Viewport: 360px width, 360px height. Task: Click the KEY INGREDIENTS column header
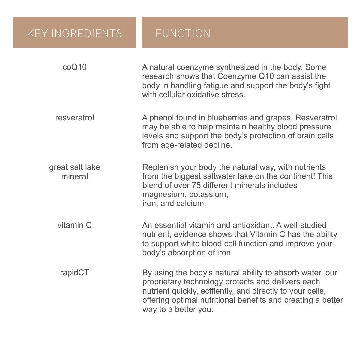pos(74,33)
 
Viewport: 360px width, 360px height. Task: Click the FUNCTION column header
pos(183,33)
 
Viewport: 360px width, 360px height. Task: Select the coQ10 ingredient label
pos(75,67)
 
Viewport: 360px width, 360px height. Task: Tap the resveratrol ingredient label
pos(75,118)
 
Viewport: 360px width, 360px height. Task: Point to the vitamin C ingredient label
pos(75,225)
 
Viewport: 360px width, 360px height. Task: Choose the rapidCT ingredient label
pos(75,273)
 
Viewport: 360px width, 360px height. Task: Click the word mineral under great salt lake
pos(75,176)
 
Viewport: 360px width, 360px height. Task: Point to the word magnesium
pos(161,194)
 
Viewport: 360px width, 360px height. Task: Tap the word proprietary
pos(161,282)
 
